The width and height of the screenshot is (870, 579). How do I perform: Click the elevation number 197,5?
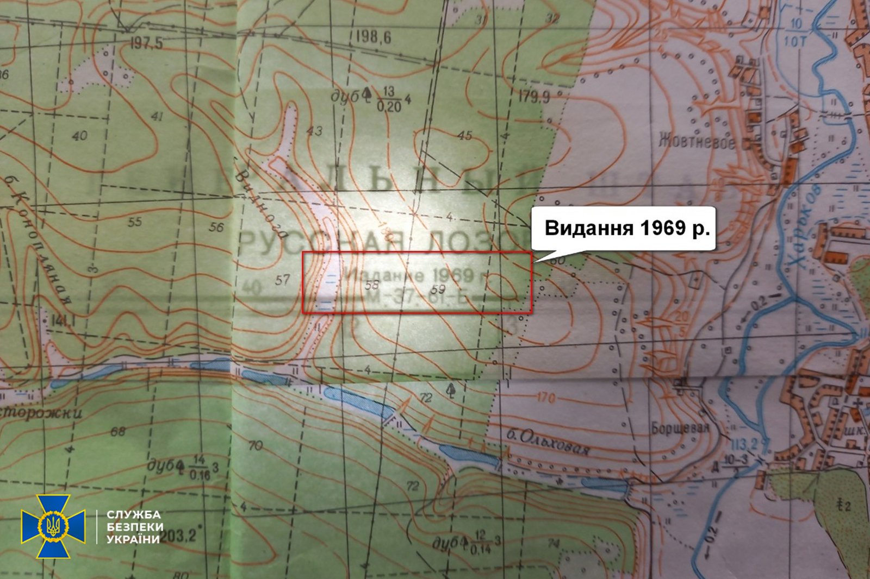[146, 43]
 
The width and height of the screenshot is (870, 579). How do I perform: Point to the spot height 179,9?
[533, 97]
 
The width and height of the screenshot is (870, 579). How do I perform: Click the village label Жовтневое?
[697, 142]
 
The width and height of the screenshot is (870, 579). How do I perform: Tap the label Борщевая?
[680, 428]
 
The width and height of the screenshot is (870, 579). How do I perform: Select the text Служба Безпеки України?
[134, 526]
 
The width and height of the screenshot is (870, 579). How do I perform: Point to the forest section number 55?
[134, 221]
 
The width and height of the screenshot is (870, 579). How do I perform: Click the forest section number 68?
[117, 431]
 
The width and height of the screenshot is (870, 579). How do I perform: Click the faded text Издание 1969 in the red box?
[413, 275]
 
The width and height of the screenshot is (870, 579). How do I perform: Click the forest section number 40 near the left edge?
[79, 135]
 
